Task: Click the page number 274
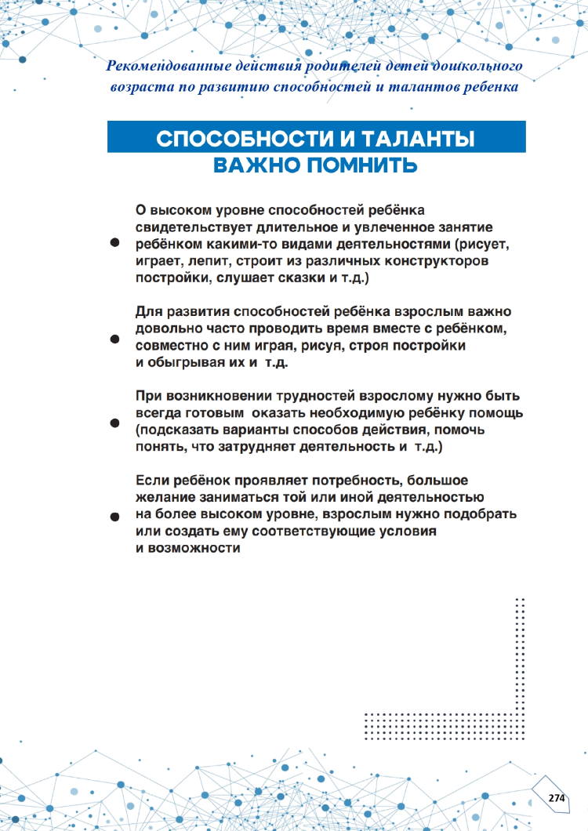pyautogui.click(x=557, y=797)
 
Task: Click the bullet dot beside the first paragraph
pyautogui.click(x=114, y=244)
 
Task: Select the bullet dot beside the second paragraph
pyautogui.click(x=114, y=339)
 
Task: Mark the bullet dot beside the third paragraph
pyautogui.click(x=114, y=423)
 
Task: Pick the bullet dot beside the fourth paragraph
pyautogui.click(x=114, y=517)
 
